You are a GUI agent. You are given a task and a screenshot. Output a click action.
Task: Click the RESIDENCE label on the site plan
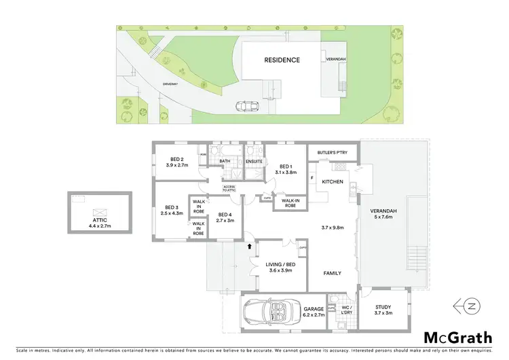282,60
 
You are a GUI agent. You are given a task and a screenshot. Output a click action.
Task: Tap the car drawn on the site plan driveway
242,106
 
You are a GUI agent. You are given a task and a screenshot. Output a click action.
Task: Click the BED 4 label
224,215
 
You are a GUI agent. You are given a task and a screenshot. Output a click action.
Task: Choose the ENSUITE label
254,161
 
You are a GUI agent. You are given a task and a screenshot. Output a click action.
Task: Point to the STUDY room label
384,307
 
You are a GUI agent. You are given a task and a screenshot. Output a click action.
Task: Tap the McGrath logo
459,338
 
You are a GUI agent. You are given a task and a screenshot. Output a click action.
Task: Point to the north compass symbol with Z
468,306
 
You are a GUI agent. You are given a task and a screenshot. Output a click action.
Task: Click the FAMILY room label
331,273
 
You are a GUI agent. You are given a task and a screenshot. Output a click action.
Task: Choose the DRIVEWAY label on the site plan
170,84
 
